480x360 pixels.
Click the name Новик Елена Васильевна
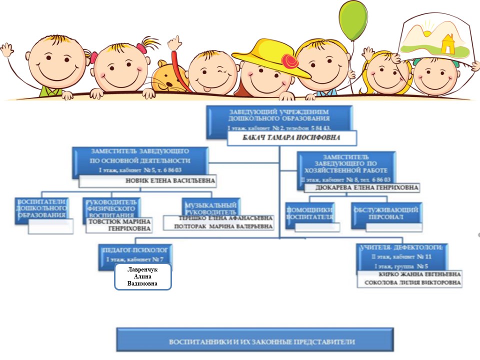[170, 180]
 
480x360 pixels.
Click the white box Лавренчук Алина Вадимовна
[143, 276]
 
